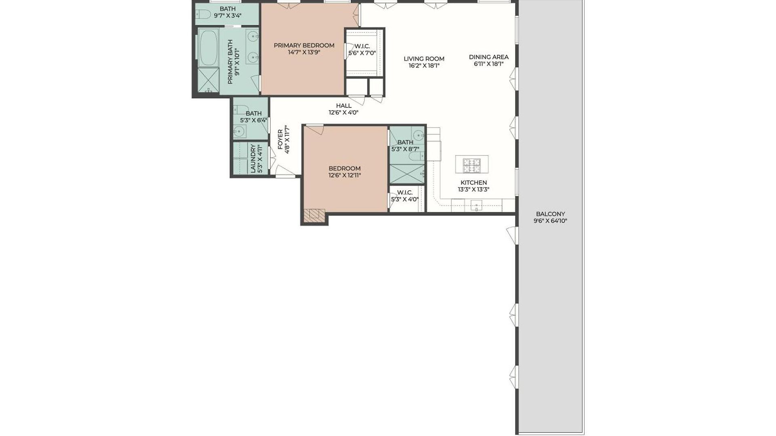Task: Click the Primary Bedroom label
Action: [304, 45]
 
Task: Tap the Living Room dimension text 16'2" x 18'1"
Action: [424, 65]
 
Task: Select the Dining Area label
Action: [489, 57]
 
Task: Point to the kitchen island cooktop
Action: [472, 164]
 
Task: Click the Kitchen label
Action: [474, 182]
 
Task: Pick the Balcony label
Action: [550, 214]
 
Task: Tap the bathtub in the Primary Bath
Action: [208, 48]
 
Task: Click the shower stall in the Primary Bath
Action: [208, 81]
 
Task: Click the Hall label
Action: [344, 106]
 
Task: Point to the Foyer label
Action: [280, 140]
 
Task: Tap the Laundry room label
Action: [253, 159]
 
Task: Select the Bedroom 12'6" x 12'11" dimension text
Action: [344, 175]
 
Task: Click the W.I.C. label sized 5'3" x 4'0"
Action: [405, 193]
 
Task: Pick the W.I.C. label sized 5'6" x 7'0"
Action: [362, 46]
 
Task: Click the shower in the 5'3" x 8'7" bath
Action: [407, 174]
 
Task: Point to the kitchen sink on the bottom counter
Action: [477, 206]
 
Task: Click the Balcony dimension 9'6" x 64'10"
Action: [550, 221]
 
